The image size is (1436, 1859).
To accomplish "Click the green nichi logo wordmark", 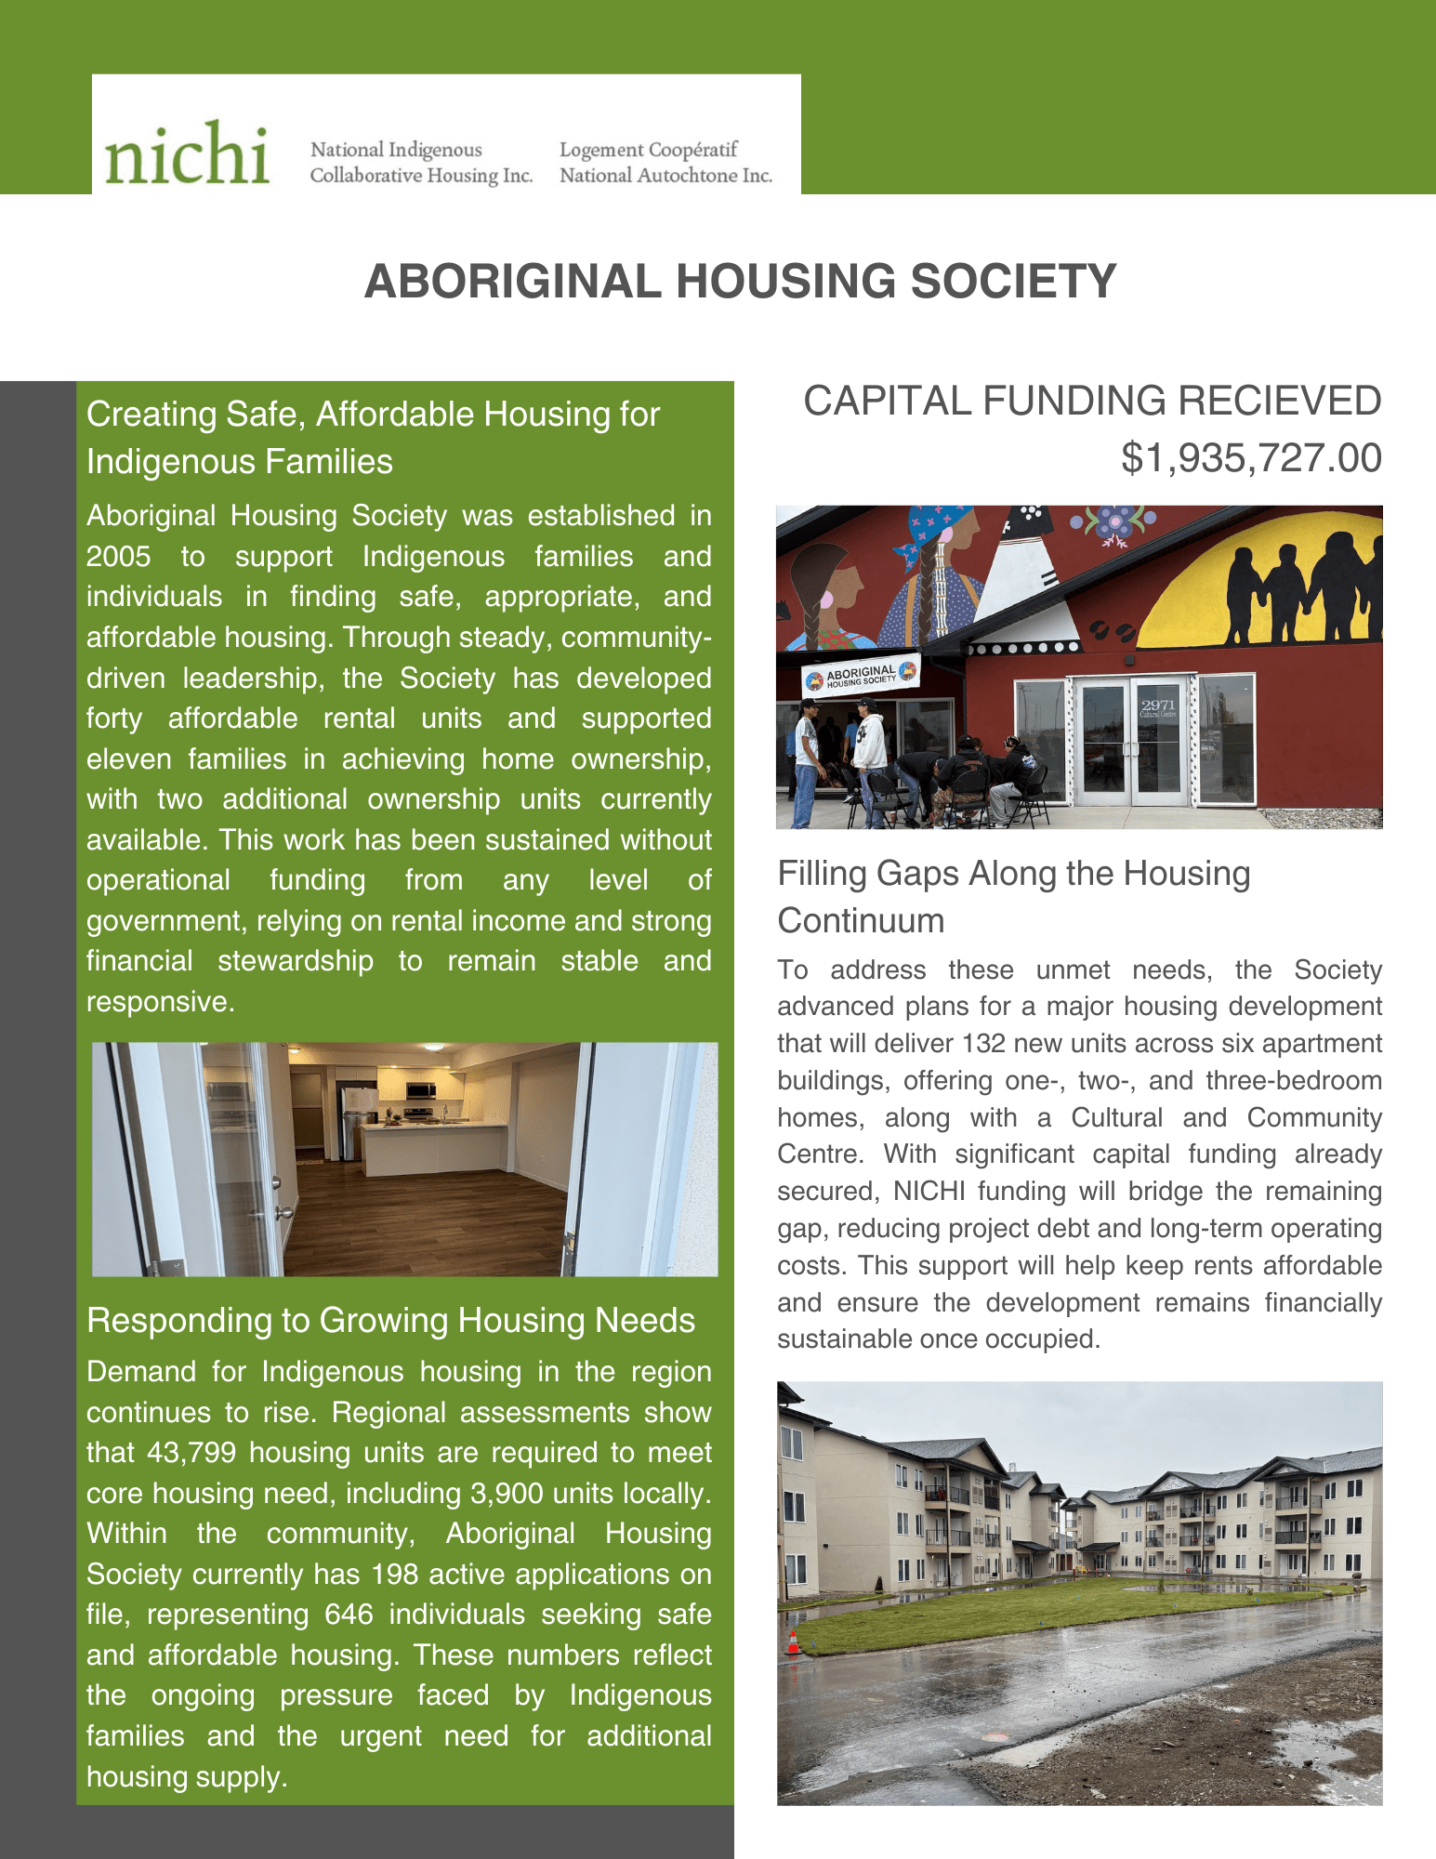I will click(187, 152).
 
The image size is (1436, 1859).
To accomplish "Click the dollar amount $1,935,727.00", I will click(1250, 458).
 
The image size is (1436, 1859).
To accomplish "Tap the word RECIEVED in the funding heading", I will click(1279, 402).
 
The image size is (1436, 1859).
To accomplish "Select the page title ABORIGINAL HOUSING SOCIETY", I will click(740, 282).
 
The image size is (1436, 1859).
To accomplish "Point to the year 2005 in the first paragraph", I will click(118, 557).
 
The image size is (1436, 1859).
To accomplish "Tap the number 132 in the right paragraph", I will click(983, 1044).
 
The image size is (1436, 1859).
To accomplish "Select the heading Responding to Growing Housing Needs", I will click(390, 1321).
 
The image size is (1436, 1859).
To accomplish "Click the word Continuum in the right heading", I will click(861, 921).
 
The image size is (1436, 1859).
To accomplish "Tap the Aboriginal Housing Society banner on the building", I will click(861, 676).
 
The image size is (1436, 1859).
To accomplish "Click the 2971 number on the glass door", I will click(1158, 705).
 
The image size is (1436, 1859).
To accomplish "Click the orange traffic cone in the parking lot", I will click(793, 1643).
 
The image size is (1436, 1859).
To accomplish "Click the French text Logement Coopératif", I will click(648, 150).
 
